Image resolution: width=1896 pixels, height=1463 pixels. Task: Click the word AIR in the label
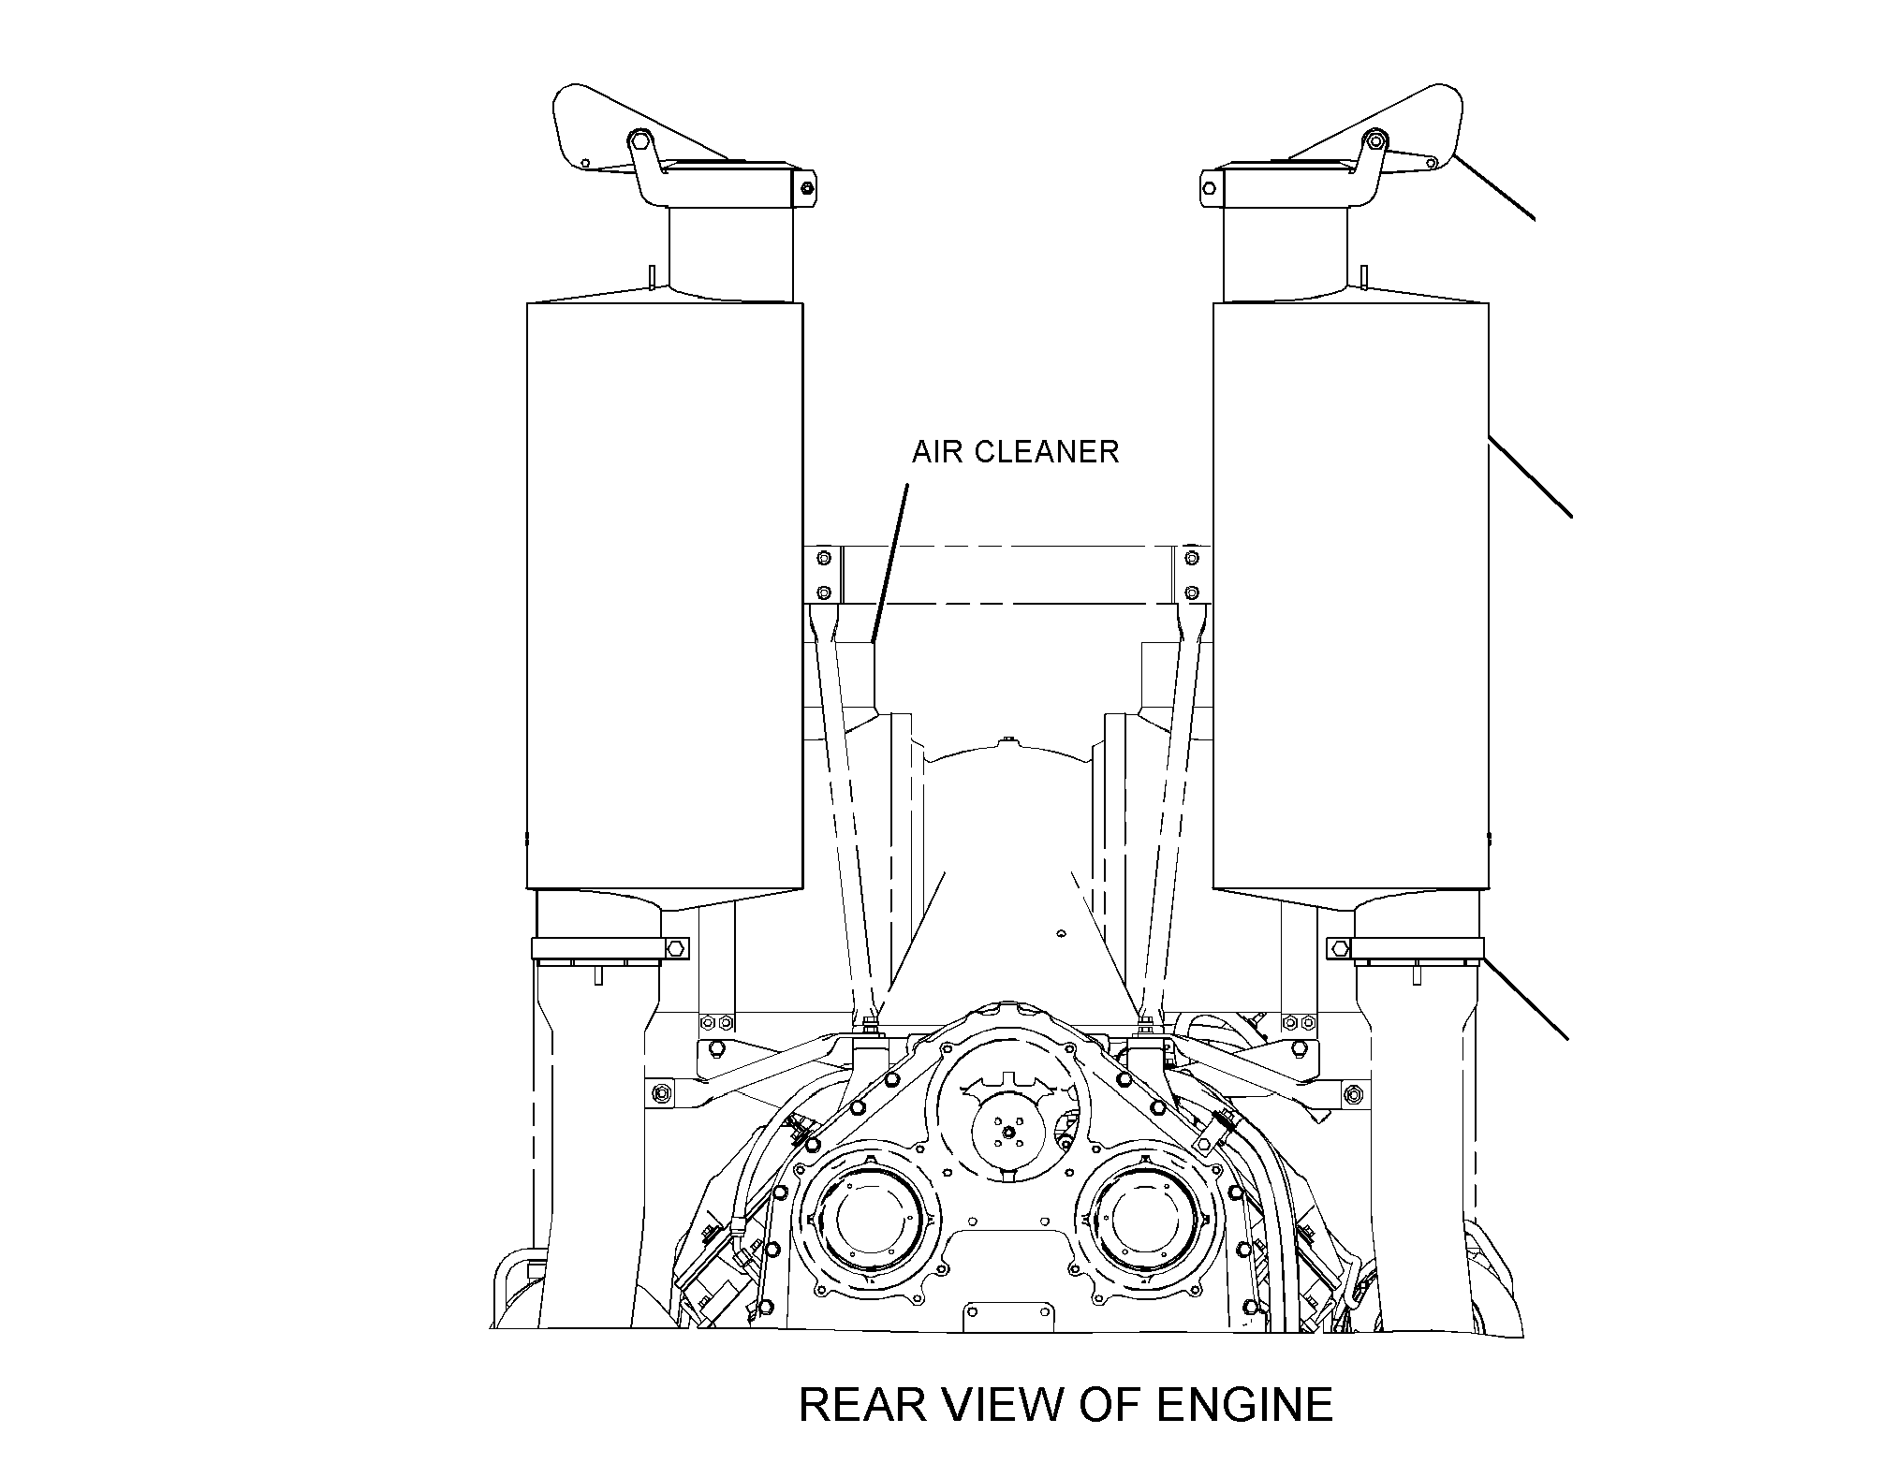(936, 452)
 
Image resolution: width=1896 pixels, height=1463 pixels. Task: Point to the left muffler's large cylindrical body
(665, 595)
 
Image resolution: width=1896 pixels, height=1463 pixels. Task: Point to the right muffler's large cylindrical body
(1350, 595)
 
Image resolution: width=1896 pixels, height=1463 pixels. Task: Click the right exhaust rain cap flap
(1375, 131)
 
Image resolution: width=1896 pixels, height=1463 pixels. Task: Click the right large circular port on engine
(1149, 1218)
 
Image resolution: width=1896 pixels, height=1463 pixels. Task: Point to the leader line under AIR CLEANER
(889, 562)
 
